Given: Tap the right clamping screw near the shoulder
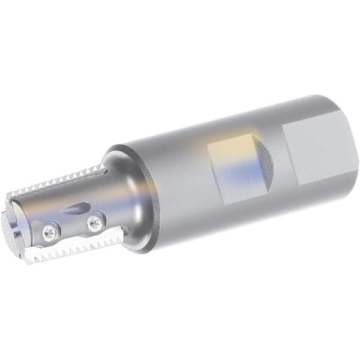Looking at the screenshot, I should pyautogui.click(x=94, y=223).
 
